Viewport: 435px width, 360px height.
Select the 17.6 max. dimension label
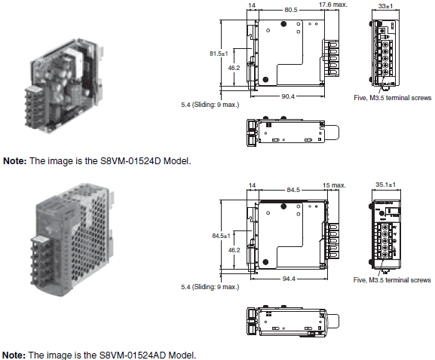[332, 5]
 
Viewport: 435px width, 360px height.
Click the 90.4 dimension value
[287, 96]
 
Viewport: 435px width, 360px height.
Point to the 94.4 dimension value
[289, 279]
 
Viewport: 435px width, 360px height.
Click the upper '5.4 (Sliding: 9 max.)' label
[210, 105]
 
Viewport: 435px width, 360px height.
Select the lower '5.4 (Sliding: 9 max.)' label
[210, 287]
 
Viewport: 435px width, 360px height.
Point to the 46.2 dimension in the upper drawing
[234, 67]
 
